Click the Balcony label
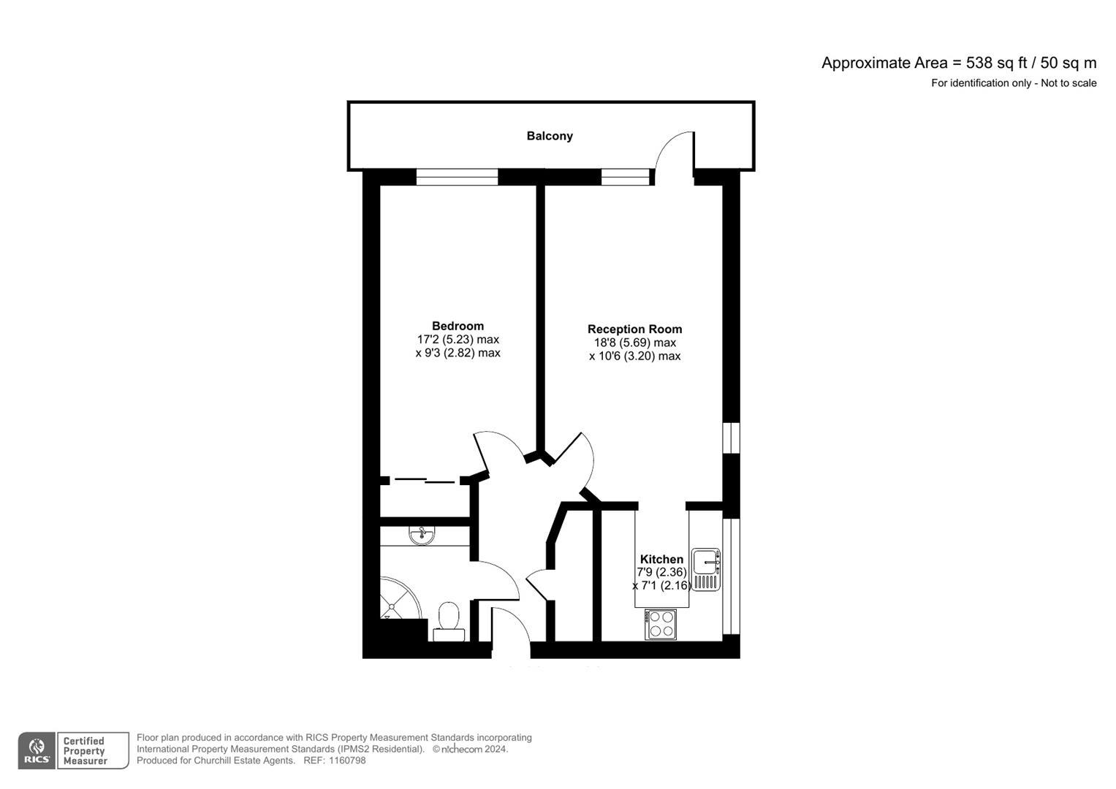[x=550, y=136]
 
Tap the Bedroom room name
[x=458, y=326]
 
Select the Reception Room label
[x=634, y=329]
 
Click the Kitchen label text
[x=661, y=560]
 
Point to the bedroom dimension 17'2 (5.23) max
[x=458, y=340]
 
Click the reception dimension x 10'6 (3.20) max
[x=634, y=357]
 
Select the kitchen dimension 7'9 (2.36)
[x=661, y=573]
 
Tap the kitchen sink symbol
[x=706, y=569]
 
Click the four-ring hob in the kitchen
[x=661, y=625]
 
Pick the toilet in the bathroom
[x=447, y=621]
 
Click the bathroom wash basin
[x=422, y=535]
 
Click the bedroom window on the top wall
[x=457, y=177]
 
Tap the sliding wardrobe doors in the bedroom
[x=424, y=481]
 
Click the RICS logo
[x=37, y=751]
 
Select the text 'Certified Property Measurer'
[x=85, y=751]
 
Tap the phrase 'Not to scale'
[x=1068, y=83]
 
